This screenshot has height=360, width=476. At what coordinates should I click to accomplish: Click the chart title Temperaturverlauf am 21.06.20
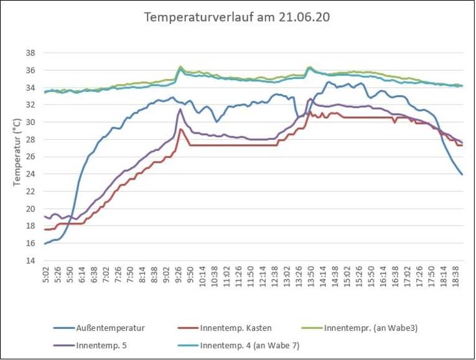tap(237, 17)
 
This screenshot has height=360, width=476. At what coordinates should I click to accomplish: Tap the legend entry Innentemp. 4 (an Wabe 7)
tap(249, 346)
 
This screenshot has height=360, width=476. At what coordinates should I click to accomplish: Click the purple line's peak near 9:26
tap(180, 109)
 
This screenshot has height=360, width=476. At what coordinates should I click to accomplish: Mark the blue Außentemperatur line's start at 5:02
tap(45, 244)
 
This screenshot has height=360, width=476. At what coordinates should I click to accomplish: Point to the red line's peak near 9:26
tap(181, 129)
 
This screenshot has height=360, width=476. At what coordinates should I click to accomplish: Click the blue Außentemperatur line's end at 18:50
tap(462, 174)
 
